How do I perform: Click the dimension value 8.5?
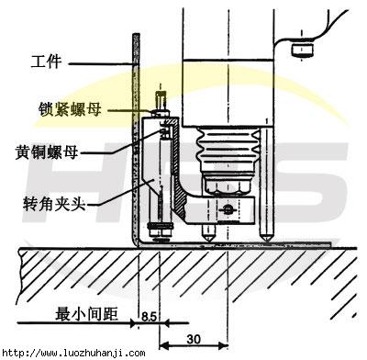[x=148, y=317]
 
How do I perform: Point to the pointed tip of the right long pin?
[x=266, y=238]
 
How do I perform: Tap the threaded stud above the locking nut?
[x=161, y=98]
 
